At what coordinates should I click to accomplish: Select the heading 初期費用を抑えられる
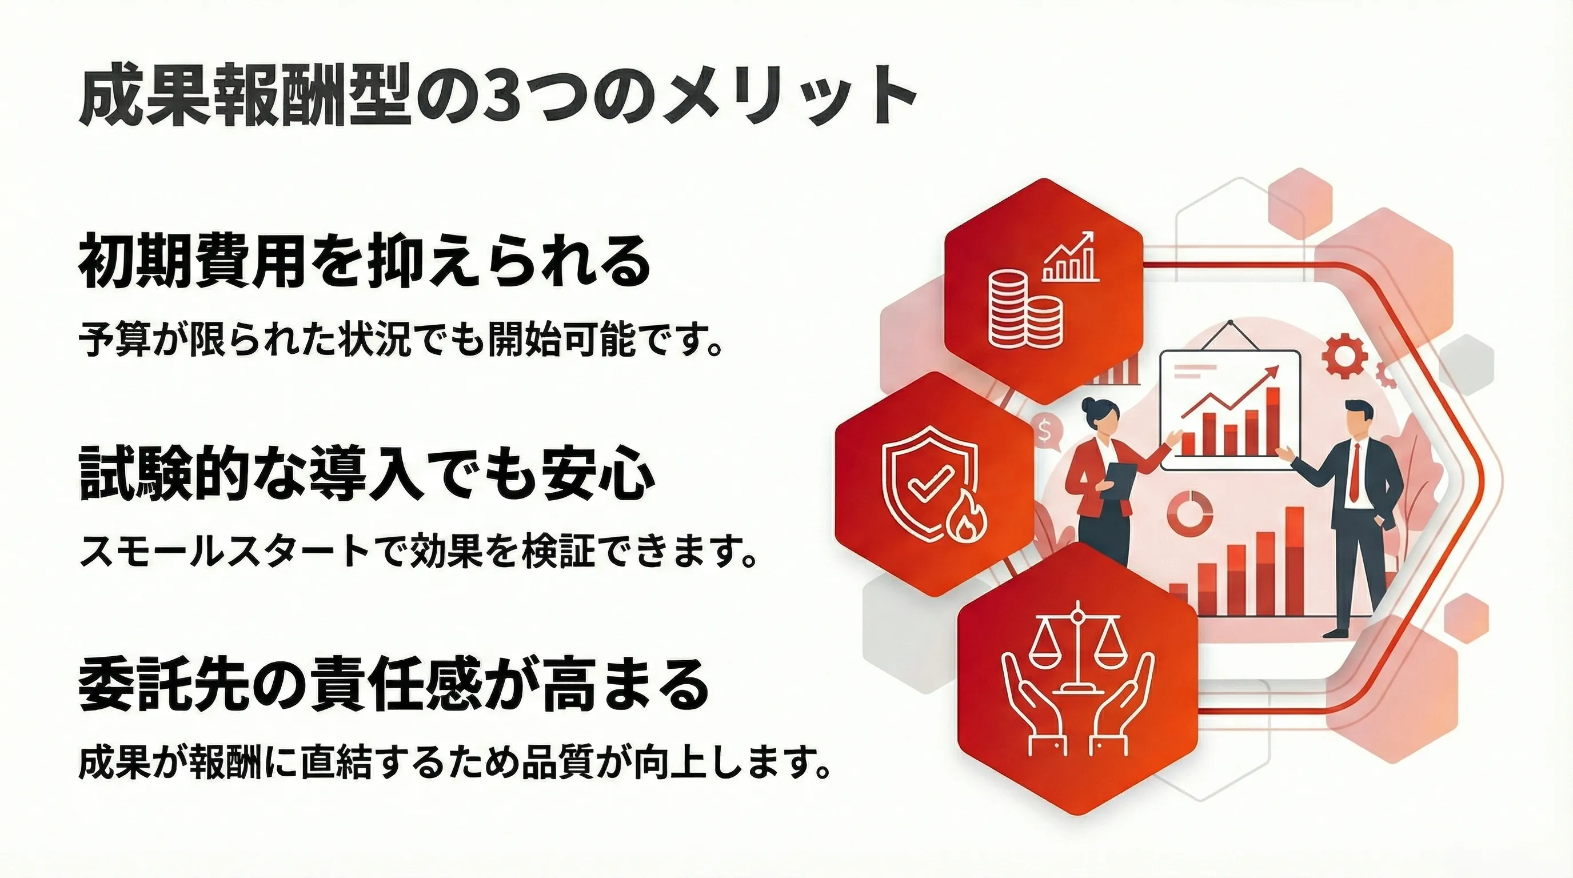(x=365, y=261)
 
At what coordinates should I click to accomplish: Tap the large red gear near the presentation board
(x=1342, y=357)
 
